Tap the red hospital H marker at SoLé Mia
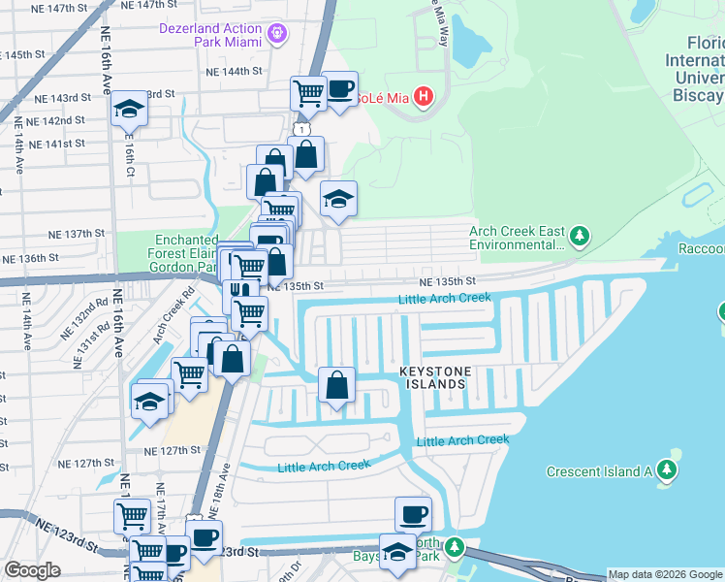point(423,97)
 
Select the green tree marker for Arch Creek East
point(580,236)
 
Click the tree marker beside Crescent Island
point(666,470)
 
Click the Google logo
point(32,570)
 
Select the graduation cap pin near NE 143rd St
point(127,111)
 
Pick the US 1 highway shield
point(303,128)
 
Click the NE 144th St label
point(234,72)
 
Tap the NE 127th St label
point(171,450)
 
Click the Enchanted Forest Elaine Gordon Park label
point(187,252)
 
